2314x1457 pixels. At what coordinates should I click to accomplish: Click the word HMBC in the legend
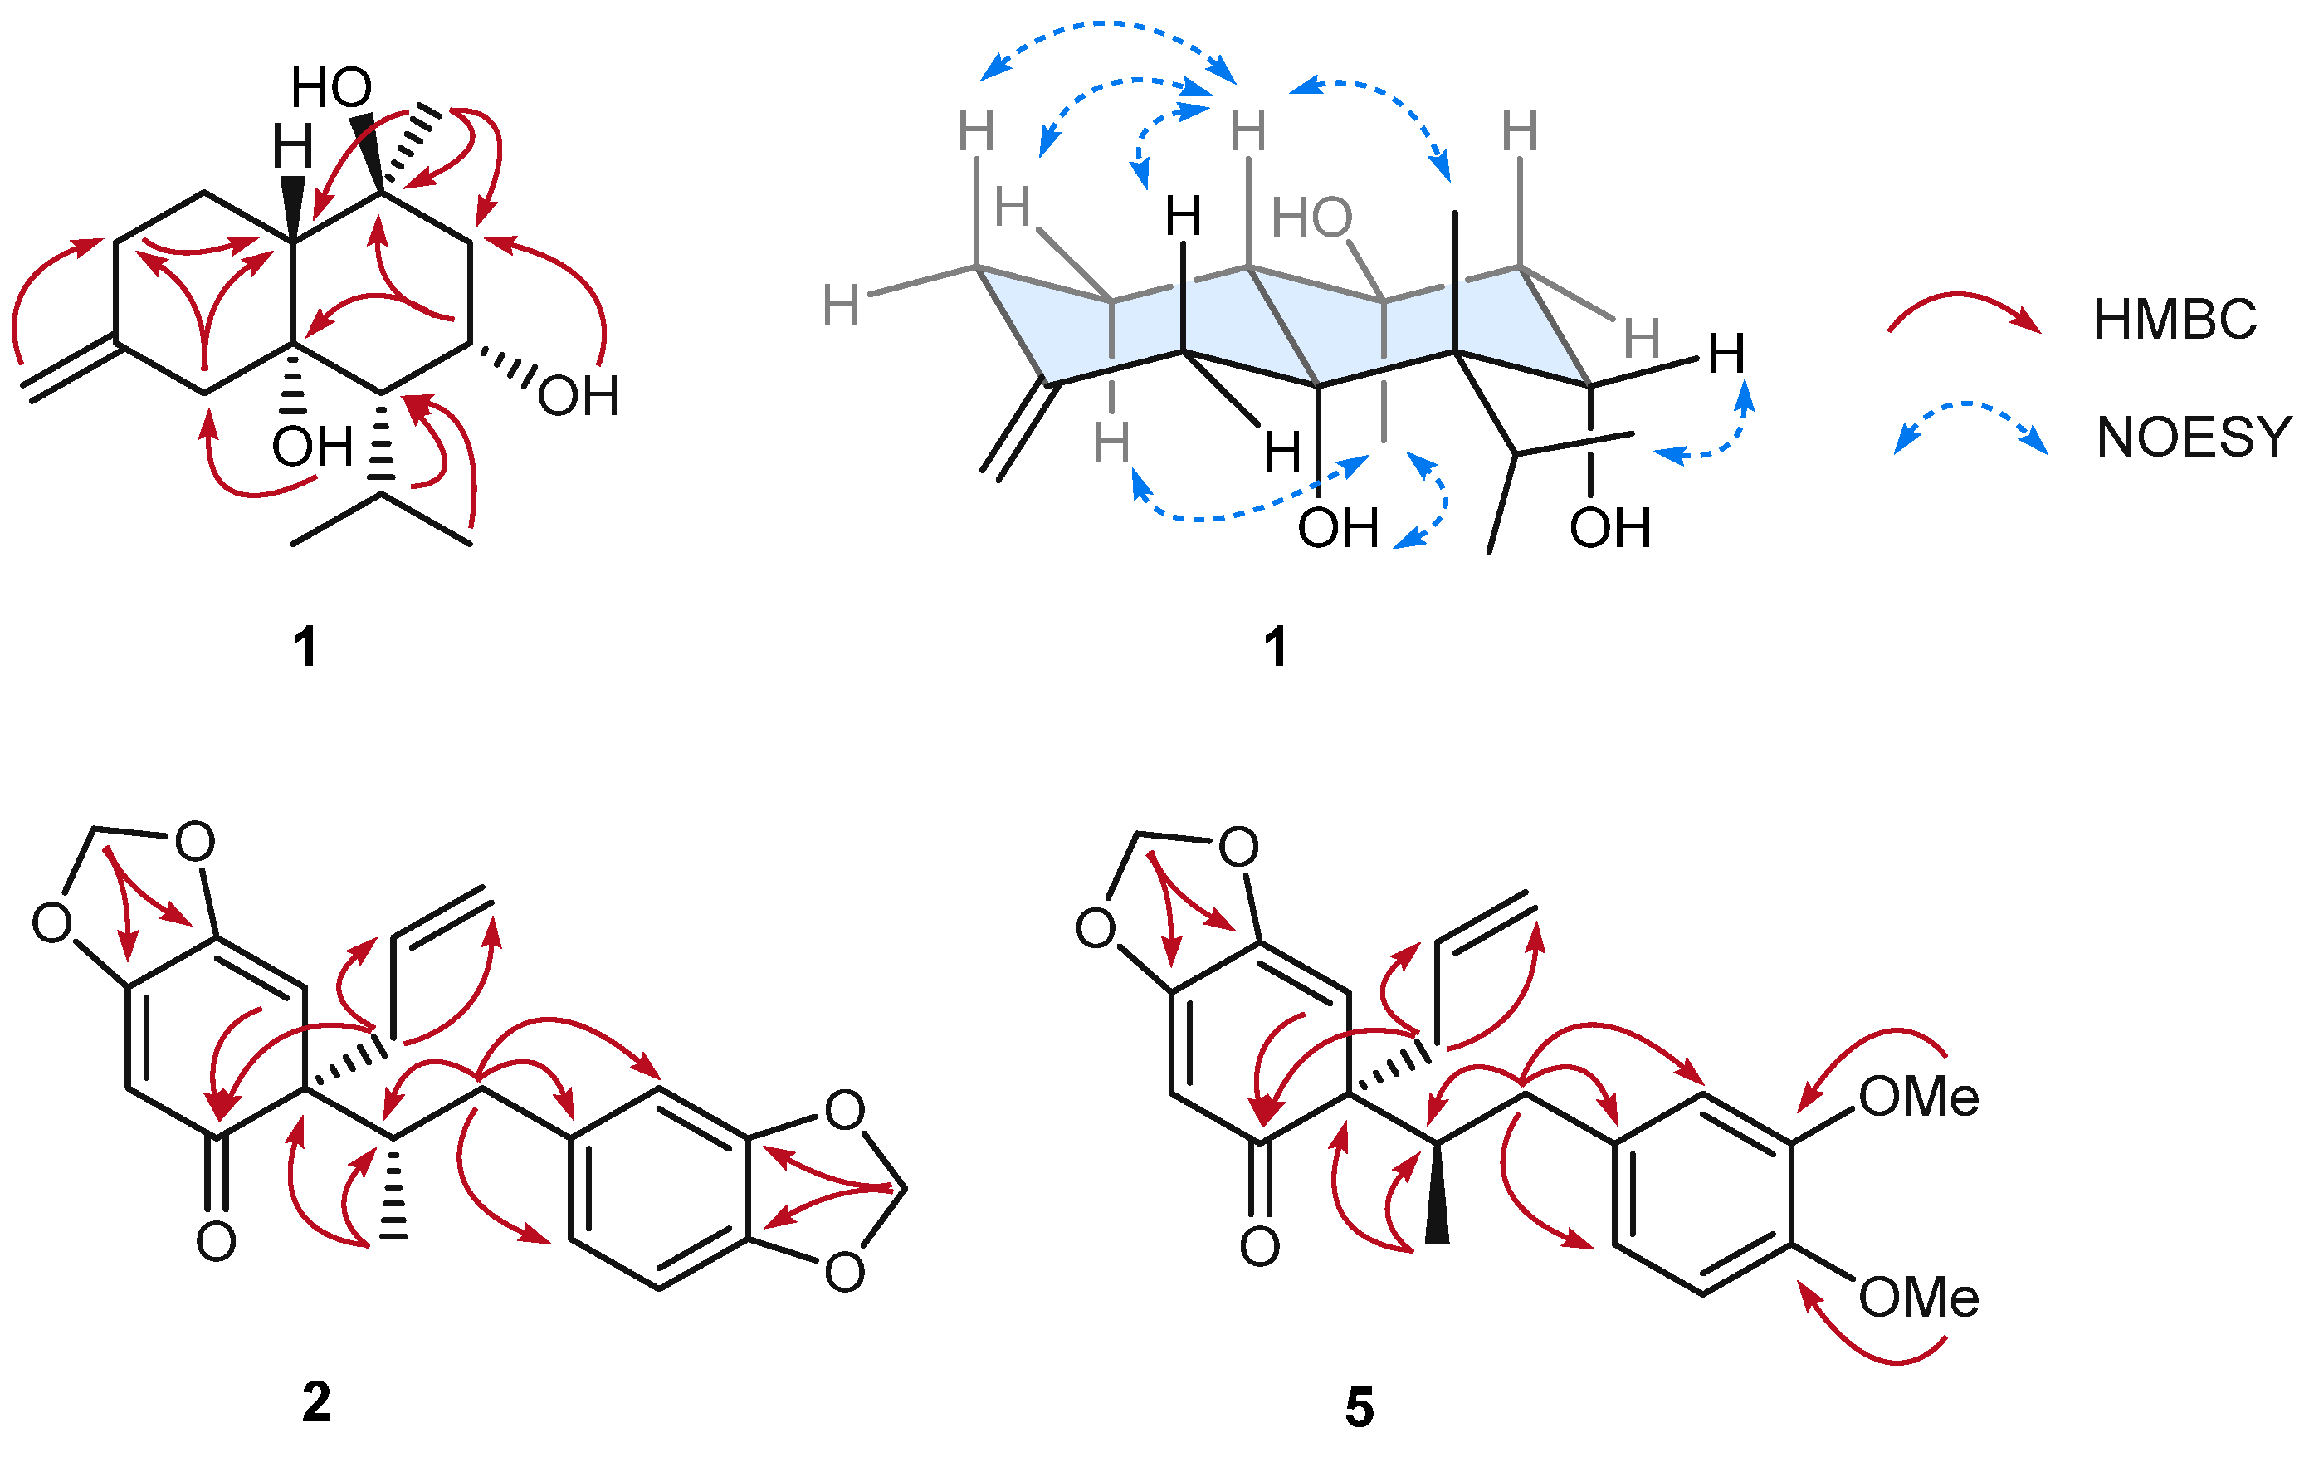click(x=2175, y=320)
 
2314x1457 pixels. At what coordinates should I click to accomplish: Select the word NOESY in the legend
click(x=2194, y=438)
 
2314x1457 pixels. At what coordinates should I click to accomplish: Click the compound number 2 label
click(x=316, y=1402)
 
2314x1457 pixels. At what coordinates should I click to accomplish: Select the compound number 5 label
click(x=1359, y=1408)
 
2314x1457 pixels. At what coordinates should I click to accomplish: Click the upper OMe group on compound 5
click(x=1918, y=1097)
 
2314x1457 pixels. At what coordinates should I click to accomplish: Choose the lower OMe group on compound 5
click(x=1918, y=1298)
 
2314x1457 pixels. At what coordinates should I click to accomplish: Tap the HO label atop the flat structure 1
click(x=331, y=89)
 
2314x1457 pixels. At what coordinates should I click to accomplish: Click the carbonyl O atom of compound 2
click(x=217, y=1242)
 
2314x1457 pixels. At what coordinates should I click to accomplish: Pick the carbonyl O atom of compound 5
click(x=1260, y=1246)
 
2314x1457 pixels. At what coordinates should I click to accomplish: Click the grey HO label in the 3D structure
click(x=1311, y=218)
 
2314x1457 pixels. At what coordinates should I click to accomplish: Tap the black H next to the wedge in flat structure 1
click(x=292, y=147)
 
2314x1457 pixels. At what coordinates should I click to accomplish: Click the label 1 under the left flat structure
click(x=305, y=646)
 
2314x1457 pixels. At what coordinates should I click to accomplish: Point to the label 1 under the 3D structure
click(x=1274, y=646)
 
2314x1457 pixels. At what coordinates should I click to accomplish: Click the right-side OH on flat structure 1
click(x=578, y=396)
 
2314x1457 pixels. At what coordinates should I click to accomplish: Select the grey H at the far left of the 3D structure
click(x=840, y=306)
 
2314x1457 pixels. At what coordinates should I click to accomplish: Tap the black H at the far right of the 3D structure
click(x=1726, y=354)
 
